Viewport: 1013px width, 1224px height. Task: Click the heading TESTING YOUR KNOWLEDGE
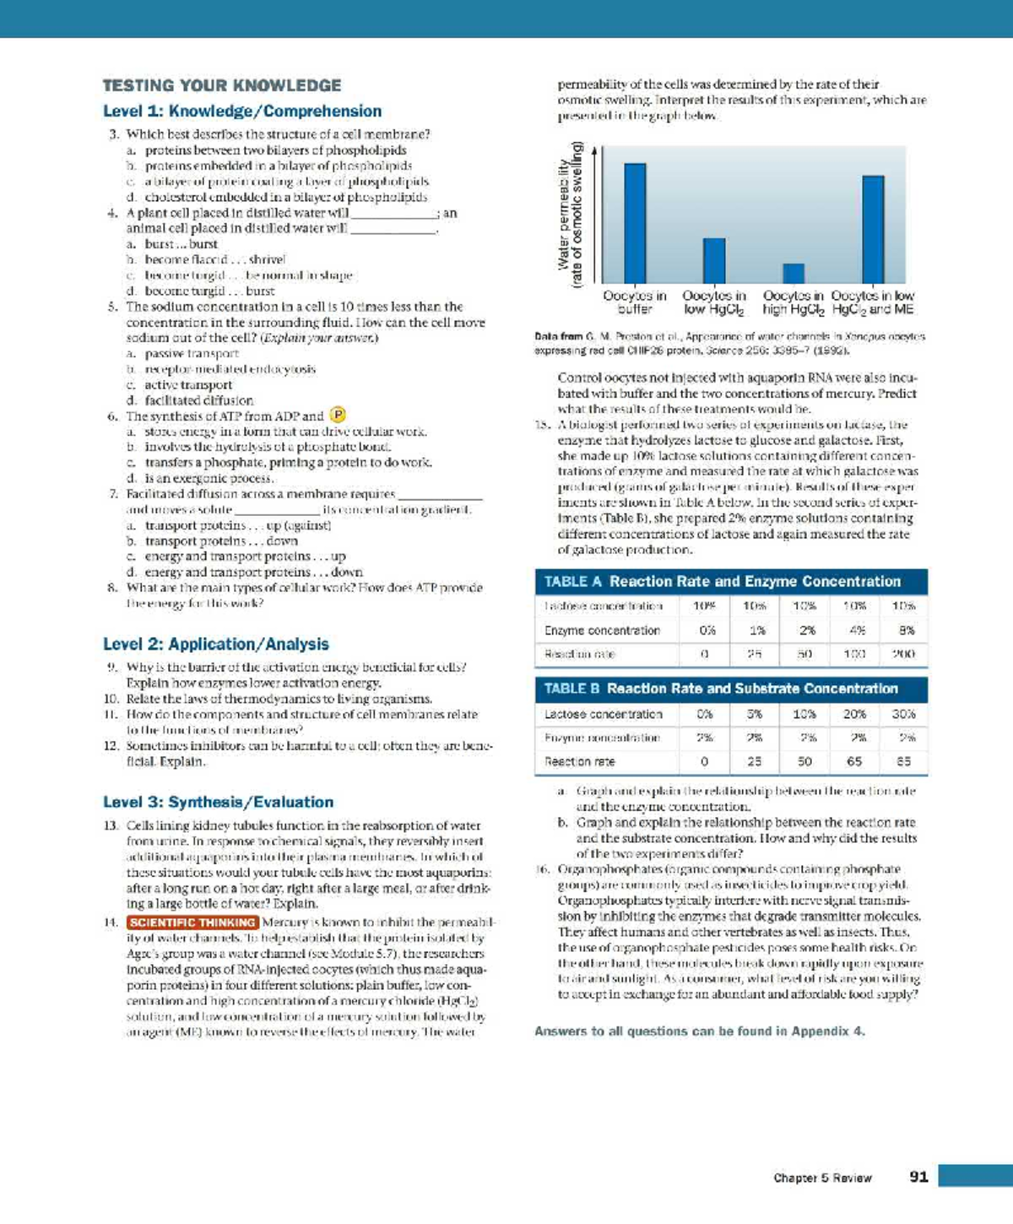click(x=222, y=85)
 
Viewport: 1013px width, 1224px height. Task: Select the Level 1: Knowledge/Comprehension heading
click(x=242, y=112)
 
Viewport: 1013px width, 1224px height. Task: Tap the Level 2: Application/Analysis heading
click(x=216, y=644)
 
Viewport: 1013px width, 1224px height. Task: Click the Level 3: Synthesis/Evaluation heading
click(x=218, y=802)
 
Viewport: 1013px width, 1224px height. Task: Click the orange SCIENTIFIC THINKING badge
click(x=192, y=922)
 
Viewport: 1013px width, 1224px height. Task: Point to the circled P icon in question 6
click(x=338, y=415)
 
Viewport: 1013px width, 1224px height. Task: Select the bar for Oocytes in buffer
click(x=635, y=223)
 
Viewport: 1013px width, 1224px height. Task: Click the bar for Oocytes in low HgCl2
click(x=714, y=260)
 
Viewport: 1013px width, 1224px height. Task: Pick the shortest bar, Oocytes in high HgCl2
click(x=794, y=273)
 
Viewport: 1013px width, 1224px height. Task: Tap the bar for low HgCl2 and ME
click(x=873, y=229)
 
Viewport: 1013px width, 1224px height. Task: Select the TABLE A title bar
click(x=731, y=581)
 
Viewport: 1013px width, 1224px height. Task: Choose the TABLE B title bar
click(x=731, y=688)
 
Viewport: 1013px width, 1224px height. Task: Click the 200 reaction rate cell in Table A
click(x=903, y=654)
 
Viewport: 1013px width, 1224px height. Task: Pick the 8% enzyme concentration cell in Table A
click(x=903, y=630)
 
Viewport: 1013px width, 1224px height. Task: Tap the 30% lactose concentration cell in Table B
click(x=903, y=714)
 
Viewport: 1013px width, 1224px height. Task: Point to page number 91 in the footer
click(x=918, y=1177)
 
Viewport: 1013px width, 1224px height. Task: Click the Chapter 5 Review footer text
click(x=822, y=1178)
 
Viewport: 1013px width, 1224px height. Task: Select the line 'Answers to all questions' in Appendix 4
click(x=699, y=1031)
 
